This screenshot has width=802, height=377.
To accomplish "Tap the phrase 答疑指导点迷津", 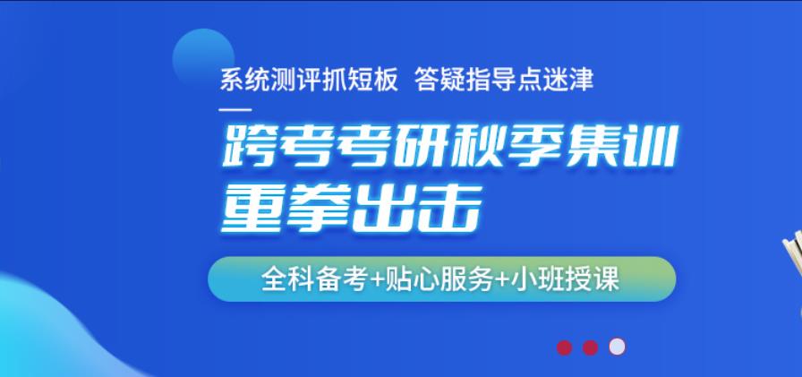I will pyautogui.click(x=503, y=80).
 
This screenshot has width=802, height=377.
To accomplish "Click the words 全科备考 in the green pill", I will pyautogui.click(x=315, y=279).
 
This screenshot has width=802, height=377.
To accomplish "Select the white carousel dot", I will pyautogui.click(x=617, y=347).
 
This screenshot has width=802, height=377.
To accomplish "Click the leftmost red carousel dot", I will pyautogui.click(x=564, y=347).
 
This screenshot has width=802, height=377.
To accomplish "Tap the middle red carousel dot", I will pyautogui.click(x=590, y=347).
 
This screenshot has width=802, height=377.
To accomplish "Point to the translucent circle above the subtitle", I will pyautogui.click(x=203, y=59).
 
